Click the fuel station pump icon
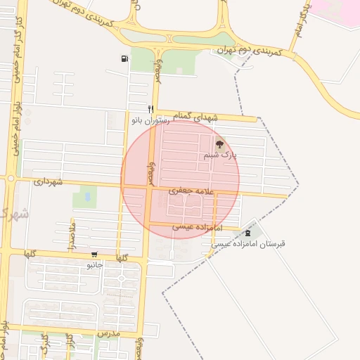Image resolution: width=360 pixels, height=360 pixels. [x=124, y=59]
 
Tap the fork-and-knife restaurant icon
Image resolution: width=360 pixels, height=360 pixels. [x=150, y=109]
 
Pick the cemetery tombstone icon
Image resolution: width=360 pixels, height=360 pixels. [x=247, y=233]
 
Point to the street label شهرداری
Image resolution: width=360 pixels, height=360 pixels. [x=48, y=181]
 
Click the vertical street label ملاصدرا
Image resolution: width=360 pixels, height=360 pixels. [x=73, y=233]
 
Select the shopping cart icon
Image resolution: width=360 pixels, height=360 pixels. [x=94, y=255]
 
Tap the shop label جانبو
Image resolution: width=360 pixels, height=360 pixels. [x=94, y=265]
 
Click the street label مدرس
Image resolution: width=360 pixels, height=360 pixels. [x=109, y=332]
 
